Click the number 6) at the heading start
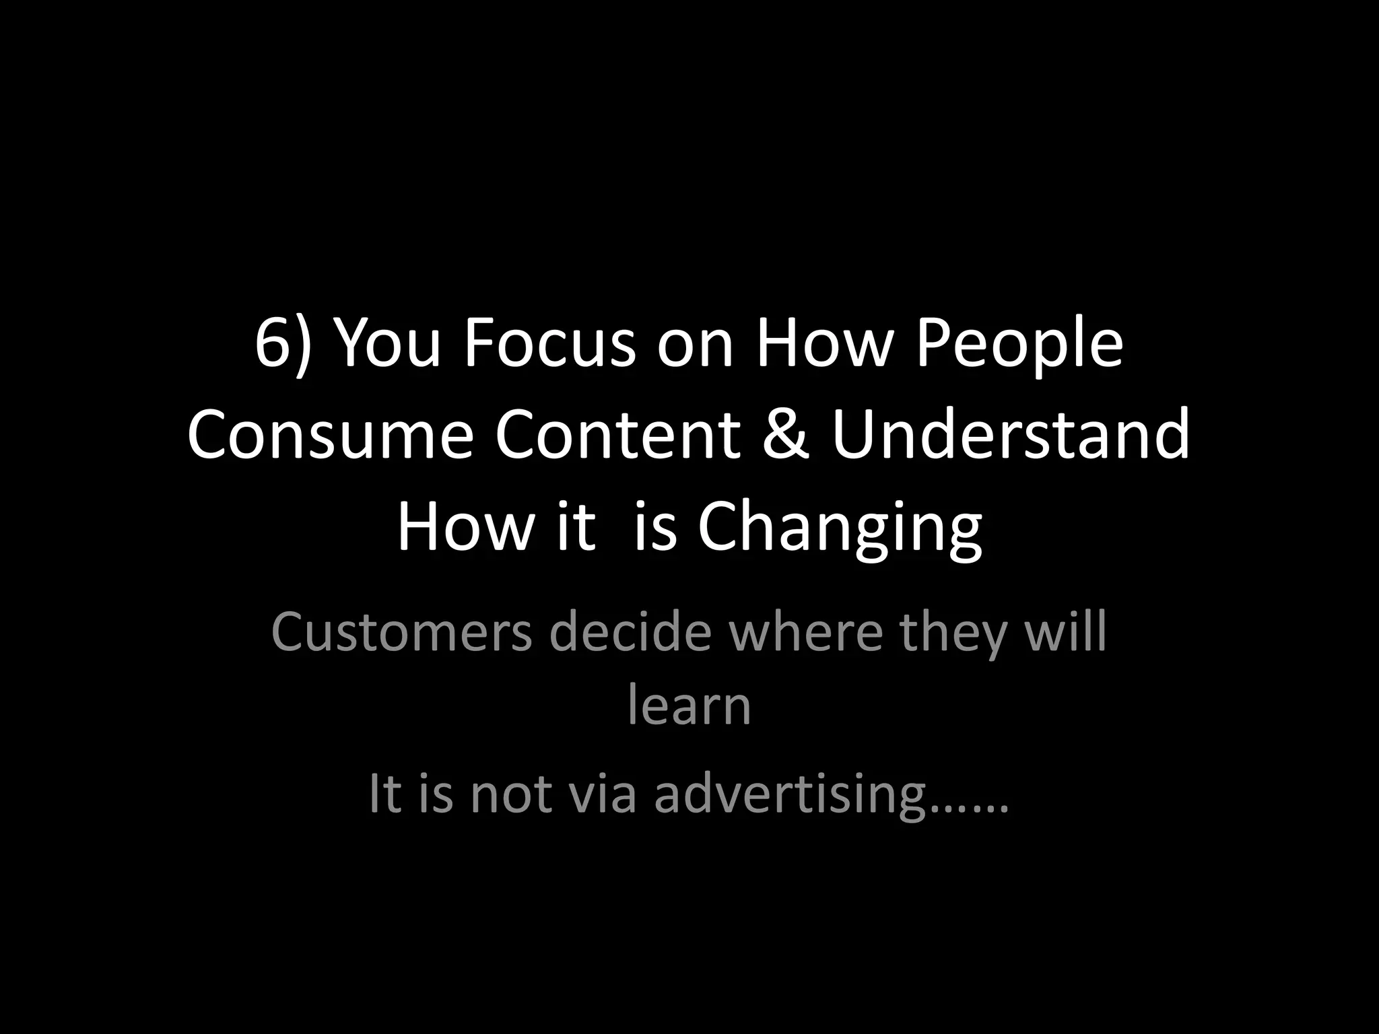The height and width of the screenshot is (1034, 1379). [283, 345]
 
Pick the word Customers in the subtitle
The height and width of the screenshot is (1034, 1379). [401, 633]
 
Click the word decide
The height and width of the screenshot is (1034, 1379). [630, 633]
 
